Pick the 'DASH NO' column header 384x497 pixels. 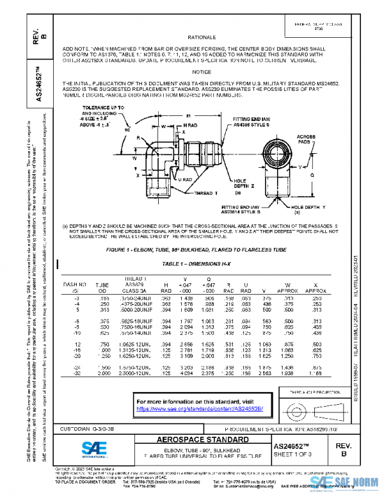coord(74,287)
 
